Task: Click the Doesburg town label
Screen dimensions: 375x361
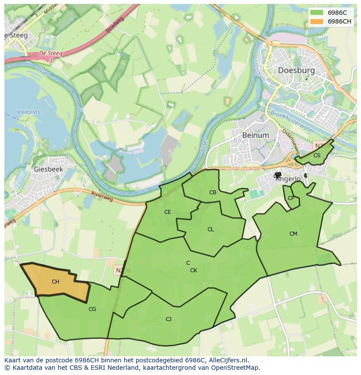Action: point(296,71)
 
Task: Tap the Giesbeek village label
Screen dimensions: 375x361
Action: point(48,169)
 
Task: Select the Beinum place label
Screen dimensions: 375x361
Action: point(255,135)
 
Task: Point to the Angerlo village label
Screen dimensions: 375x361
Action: point(288,179)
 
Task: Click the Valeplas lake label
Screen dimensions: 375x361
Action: point(29,112)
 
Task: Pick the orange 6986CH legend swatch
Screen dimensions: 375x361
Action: point(317,21)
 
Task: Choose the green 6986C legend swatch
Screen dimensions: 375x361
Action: point(317,13)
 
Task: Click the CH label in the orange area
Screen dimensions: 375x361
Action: point(55,282)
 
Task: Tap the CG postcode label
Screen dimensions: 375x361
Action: point(92,309)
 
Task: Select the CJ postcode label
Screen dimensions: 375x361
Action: point(168,319)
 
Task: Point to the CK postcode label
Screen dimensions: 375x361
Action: point(194,270)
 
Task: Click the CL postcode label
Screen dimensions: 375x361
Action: point(211,230)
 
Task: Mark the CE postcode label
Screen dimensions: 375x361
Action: point(167,212)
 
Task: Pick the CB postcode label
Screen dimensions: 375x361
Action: point(213,193)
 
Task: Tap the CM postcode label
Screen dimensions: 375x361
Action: point(293,234)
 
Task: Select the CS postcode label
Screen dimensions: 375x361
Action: point(317,155)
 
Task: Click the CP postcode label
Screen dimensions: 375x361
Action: point(291,198)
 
